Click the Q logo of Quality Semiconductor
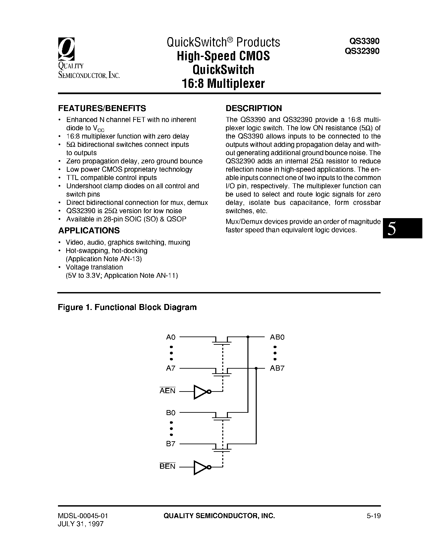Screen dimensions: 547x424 pyautogui.click(x=67, y=49)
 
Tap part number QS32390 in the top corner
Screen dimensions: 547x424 pyautogui.click(x=362, y=51)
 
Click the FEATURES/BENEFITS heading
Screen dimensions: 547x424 pyautogui.click(x=102, y=108)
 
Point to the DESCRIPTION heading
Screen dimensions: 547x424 pyautogui.click(x=254, y=108)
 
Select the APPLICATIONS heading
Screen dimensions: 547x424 pyautogui.click(x=89, y=230)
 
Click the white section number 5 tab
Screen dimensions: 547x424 pyautogui.click(x=392, y=229)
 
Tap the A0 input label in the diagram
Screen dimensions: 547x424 pyautogui.click(x=171, y=337)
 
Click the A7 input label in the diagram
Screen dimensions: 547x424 pyautogui.click(x=171, y=368)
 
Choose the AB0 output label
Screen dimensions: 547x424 pyautogui.click(x=277, y=337)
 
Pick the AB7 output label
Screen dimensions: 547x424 pyautogui.click(x=277, y=368)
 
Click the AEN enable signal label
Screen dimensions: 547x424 pyautogui.click(x=167, y=391)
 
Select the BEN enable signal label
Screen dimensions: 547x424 pyautogui.click(x=167, y=466)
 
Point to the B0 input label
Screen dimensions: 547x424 pyautogui.click(x=171, y=413)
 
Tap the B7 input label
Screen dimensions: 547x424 pyautogui.click(x=171, y=444)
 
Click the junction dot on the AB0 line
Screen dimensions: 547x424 pyautogui.click(x=248, y=337)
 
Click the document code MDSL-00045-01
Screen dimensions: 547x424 pyautogui.click(x=83, y=516)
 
